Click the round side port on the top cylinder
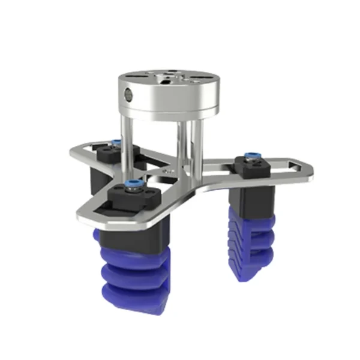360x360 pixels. point(127,94)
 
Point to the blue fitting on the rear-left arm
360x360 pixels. point(115,142)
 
